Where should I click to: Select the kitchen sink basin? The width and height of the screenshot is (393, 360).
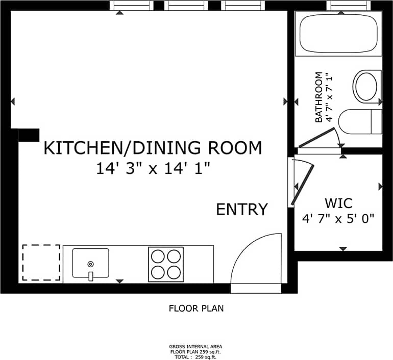pyautogui.click(x=90, y=263)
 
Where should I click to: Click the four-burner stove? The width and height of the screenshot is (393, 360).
pyautogui.click(x=165, y=264)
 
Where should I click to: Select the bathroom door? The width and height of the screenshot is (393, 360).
pyautogui.click(x=316, y=138)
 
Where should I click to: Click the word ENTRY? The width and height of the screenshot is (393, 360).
pyautogui.click(x=242, y=210)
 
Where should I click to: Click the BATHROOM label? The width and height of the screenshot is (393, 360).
pyautogui.click(x=320, y=97)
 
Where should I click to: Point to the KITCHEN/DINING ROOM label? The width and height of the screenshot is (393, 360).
pyautogui.click(x=153, y=148)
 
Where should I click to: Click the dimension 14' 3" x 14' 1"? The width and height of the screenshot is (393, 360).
pyautogui.click(x=154, y=168)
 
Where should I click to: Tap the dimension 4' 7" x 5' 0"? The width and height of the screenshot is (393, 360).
pyautogui.click(x=338, y=219)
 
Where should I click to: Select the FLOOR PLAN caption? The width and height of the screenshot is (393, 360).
pyautogui.click(x=196, y=308)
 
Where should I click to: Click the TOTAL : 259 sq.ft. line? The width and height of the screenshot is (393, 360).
pyautogui.click(x=196, y=357)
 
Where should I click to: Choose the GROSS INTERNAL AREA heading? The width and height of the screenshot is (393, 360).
pyautogui.click(x=196, y=346)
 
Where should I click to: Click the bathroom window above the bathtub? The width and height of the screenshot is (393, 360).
pyautogui.click(x=349, y=6)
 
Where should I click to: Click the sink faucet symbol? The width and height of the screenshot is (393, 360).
pyautogui.click(x=90, y=276)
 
